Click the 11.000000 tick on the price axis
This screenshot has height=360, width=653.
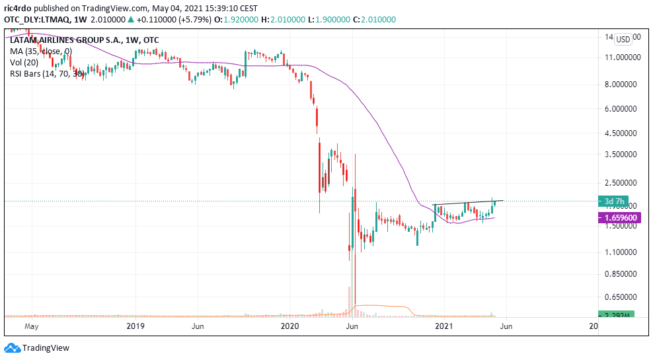(623, 57)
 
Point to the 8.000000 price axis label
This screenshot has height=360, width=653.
(623, 85)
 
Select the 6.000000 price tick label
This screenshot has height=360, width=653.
(623, 109)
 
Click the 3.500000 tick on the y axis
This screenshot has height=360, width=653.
(623, 155)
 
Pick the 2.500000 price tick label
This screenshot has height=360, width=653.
(623, 182)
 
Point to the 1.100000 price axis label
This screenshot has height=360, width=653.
(623, 252)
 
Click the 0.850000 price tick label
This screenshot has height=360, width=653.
(623, 274)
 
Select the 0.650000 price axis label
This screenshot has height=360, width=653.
(623, 297)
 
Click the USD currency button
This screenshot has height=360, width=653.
(623, 39)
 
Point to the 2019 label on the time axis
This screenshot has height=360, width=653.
(135, 326)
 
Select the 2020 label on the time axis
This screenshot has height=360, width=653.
(290, 326)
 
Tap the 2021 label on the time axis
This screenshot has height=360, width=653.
(445, 326)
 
